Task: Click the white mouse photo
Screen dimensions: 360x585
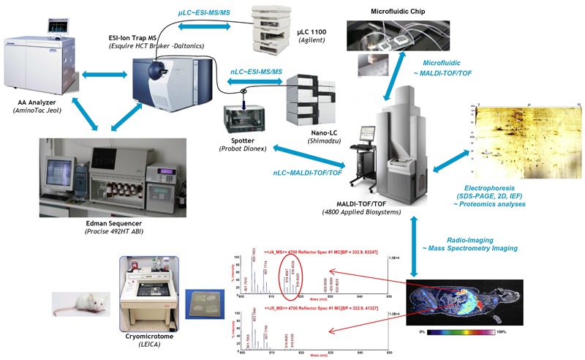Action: pos(76,301)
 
